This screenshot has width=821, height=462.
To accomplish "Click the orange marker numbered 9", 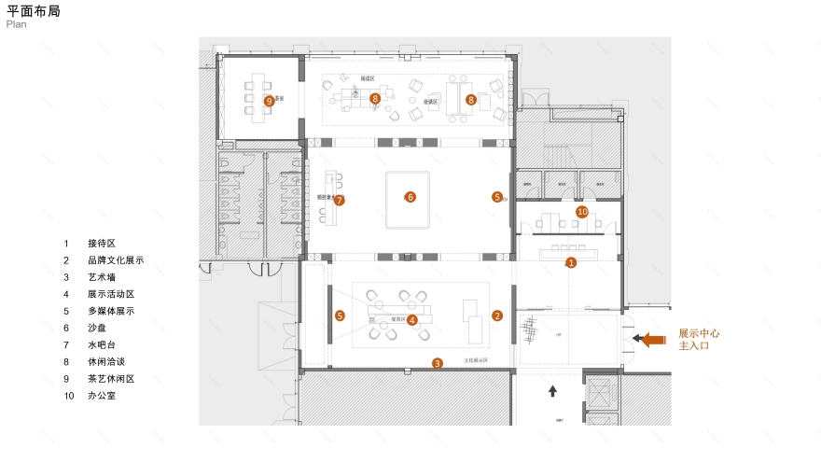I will [x=269, y=101].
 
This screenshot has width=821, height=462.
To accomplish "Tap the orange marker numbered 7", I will [x=340, y=200].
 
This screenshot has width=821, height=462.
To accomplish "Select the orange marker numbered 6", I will [x=409, y=197].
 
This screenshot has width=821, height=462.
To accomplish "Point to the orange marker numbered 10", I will [x=583, y=213].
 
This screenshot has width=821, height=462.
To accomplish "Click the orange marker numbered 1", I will [x=572, y=263].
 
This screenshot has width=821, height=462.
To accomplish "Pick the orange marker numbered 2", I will [x=497, y=316].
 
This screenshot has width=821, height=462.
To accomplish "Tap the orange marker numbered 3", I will [x=437, y=363].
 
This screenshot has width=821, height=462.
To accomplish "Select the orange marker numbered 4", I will [x=412, y=320].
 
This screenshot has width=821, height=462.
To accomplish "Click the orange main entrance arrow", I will [x=650, y=340].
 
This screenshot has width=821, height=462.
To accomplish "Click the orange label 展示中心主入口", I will [x=699, y=339].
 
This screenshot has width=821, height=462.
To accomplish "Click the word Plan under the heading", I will [x=16, y=25].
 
